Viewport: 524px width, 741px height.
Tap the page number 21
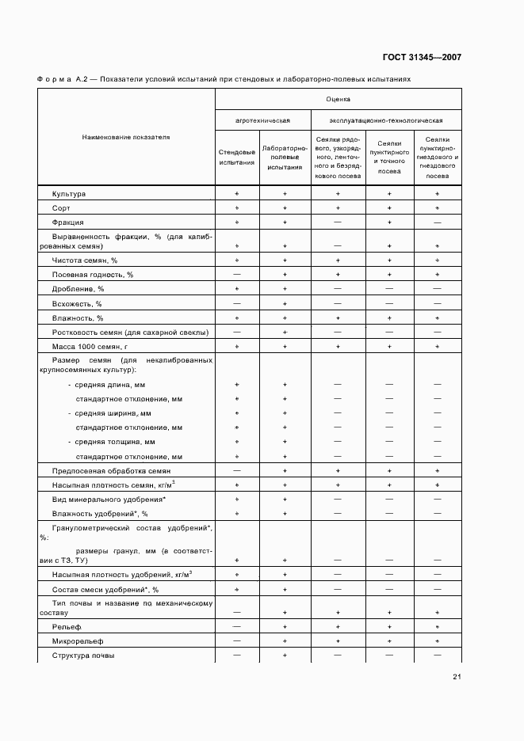click(457, 676)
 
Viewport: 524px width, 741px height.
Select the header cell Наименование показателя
click(126, 137)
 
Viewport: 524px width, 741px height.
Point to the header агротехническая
click(262, 120)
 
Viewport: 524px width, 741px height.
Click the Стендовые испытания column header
click(236, 157)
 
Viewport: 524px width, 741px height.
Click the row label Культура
click(69, 193)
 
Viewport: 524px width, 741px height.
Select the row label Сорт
click(62, 207)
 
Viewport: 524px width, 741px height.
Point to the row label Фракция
click(68, 222)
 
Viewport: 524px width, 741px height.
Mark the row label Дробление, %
click(78, 289)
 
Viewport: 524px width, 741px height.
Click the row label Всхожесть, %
click(77, 303)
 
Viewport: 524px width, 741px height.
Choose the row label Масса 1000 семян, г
click(90, 347)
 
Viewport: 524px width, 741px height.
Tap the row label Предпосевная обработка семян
click(106, 470)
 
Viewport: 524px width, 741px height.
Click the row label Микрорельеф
click(78, 640)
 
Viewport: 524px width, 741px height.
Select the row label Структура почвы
click(82, 655)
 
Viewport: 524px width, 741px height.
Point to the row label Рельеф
click(67, 626)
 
